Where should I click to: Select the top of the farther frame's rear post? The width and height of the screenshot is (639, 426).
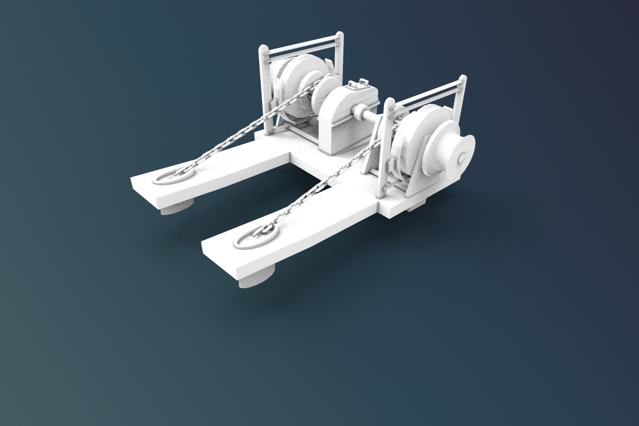339,34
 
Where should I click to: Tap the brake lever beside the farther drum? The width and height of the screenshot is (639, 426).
330,65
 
